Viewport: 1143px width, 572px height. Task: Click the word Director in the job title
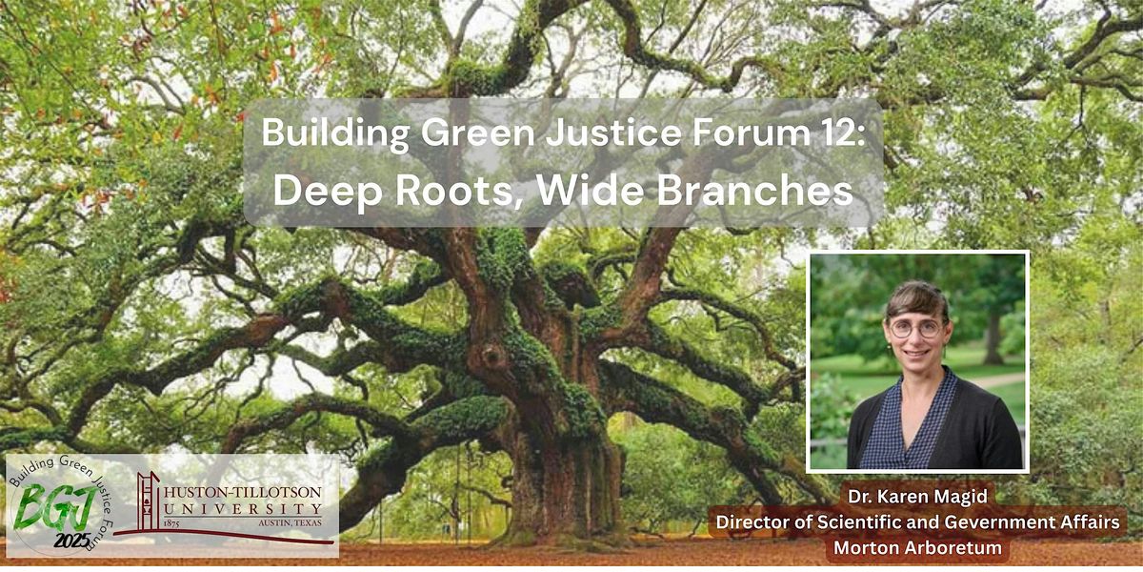pyautogui.click(x=753, y=523)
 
